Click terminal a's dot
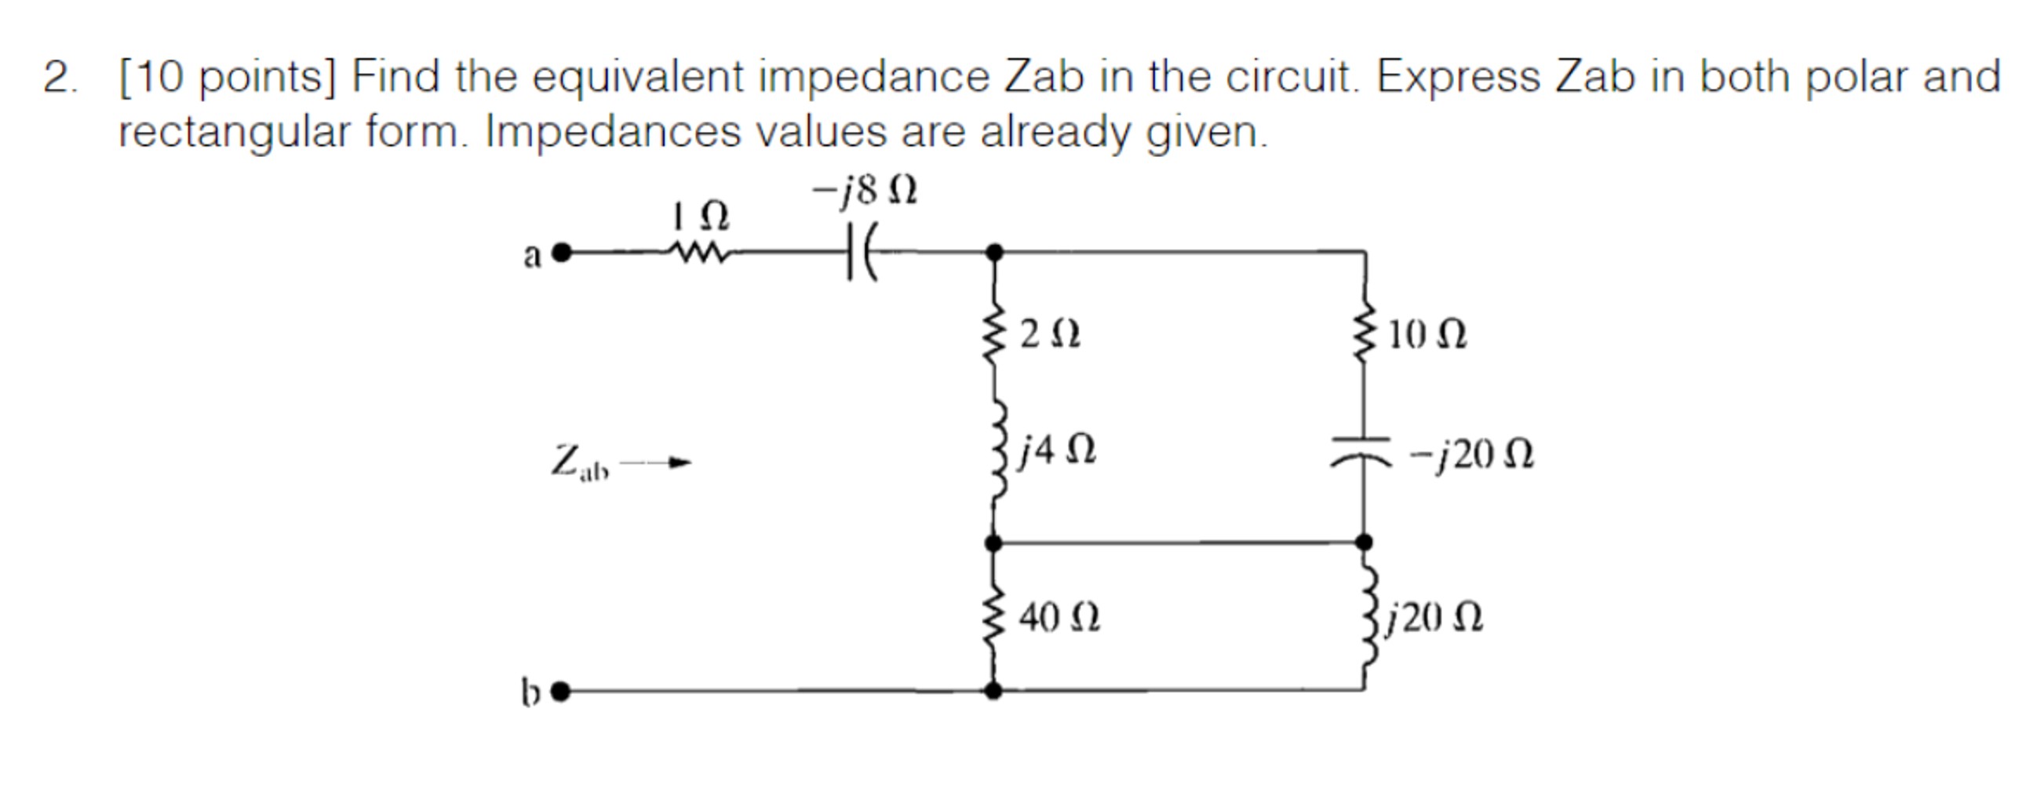pyautogui.click(x=562, y=254)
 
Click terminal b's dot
pyautogui.click(x=561, y=692)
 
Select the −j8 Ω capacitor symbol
pyautogui.click(x=859, y=254)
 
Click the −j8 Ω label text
pyautogui.click(x=864, y=191)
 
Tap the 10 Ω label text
pyautogui.click(x=1427, y=334)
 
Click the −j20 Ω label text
pyautogui.click(x=1471, y=455)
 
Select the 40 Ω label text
pyautogui.click(x=1059, y=617)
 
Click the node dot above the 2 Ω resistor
pyautogui.click(x=995, y=254)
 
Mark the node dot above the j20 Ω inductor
pyautogui.click(x=1364, y=543)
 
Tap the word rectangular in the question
pyautogui.click(x=233, y=132)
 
